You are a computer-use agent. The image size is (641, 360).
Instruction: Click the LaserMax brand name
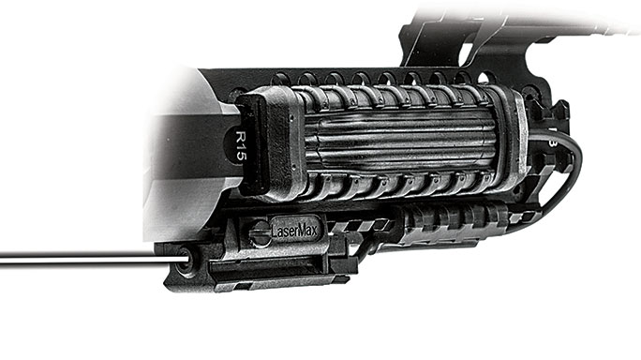pyautogui.click(x=294, y=232)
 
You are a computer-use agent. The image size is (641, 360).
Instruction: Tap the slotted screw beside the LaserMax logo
pyautogui.click(x=260, y=233)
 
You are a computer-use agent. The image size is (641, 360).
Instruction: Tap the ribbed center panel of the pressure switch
pyautogui.click(x=405, y=139)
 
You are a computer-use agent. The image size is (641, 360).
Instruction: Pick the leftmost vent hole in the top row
pyautogui.click(x=281, y=79)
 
